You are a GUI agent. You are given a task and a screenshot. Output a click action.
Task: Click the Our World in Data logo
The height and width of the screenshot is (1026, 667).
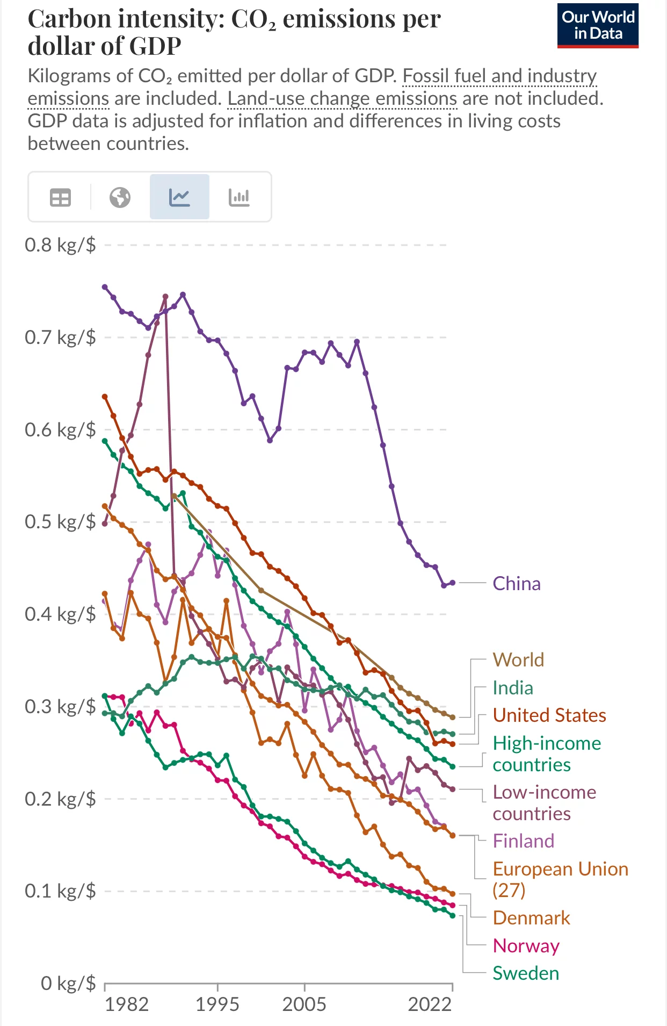pyautogui.click(x=598, y=26)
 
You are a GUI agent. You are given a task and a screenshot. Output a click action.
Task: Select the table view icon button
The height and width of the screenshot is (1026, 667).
pyautogui.click(x=60, y=198)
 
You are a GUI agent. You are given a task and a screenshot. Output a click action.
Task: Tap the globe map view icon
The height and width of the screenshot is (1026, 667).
pyautogui.click(x=120, y=198)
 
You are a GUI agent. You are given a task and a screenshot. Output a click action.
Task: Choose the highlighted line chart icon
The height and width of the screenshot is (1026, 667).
pyautogui.click(x=179, y=198)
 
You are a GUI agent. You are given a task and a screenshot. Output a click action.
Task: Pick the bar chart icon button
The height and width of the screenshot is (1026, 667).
pyautogui.click(x=239, y=198)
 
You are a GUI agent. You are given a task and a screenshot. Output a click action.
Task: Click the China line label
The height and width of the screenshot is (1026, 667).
pyautogui.click(x=516, y=584)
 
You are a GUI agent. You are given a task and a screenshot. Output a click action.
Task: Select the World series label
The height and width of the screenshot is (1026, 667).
pyautogui.click(x=518, y=660)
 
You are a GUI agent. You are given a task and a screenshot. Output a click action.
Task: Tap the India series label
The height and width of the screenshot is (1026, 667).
pyautogui.click(x=513, y=688)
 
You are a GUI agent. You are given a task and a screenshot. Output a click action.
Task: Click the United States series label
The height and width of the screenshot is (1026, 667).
pyautogui.click(x=549, y=715)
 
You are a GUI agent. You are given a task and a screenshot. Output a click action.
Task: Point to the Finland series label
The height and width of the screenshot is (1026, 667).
pyautogui.click(x=523, y=841)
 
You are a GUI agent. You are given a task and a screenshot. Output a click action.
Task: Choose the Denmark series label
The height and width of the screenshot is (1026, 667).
pyautogui.click(x=531, y=918)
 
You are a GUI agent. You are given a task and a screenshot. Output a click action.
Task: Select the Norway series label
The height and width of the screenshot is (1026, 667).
pyautogui.click(x=526, y=946)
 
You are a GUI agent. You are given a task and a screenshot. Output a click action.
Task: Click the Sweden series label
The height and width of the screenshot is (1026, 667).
pyautogui.click(x=526, y=973)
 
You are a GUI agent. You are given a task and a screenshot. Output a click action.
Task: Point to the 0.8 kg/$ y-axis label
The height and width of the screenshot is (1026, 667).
pyautogui.click(x=60, y=245)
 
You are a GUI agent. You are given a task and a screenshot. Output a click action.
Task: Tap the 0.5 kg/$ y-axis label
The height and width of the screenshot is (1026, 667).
pyautogui.click(x=60, y=522)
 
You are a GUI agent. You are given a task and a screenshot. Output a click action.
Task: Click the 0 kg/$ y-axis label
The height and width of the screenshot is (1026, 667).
pyautogui.click(x=68, y=983)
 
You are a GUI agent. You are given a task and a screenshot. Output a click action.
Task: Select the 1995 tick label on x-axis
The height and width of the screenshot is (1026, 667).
pyautogui.click(x=217, y=1004)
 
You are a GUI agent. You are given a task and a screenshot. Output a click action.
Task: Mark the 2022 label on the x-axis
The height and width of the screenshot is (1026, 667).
pyautogui.click(x=430, y=1004)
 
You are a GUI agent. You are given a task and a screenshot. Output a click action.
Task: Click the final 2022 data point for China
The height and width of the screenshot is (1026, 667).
pyautogui.click(x=452, y=583)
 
